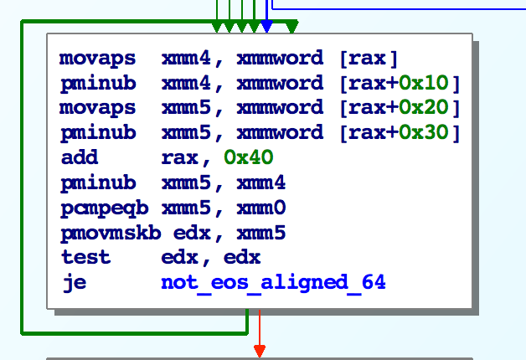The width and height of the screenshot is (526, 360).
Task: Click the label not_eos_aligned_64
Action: (x=273, y=283)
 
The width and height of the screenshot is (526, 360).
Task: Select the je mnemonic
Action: (x=74, y=283)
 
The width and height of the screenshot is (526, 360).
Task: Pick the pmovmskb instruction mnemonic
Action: (x=108, y=232)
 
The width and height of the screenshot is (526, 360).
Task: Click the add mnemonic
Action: (x=80, y=157)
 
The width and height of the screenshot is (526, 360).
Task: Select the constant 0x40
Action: (x=248, y=157)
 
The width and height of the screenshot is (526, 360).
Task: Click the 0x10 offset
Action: (x=425, y=83)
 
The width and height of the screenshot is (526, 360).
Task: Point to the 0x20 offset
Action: (x=425, y=108)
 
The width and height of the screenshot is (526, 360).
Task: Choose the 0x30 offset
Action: (x=425, y=132)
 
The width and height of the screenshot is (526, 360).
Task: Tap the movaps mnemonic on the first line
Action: (x=96, y=59)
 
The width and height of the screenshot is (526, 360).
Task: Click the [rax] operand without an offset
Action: (x=369, y=59)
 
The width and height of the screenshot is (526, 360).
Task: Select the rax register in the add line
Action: (x=177, y=157)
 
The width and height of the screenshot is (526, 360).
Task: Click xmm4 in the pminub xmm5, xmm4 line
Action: (x=262, y=182)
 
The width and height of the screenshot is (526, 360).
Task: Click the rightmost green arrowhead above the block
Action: (x=291, y=28)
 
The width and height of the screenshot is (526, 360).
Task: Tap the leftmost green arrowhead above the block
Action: (x=218, y=28)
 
